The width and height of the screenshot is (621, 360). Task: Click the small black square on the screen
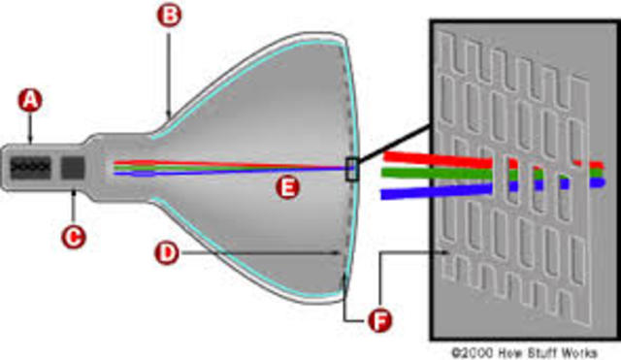pyautogui.click(x=351, y=169)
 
